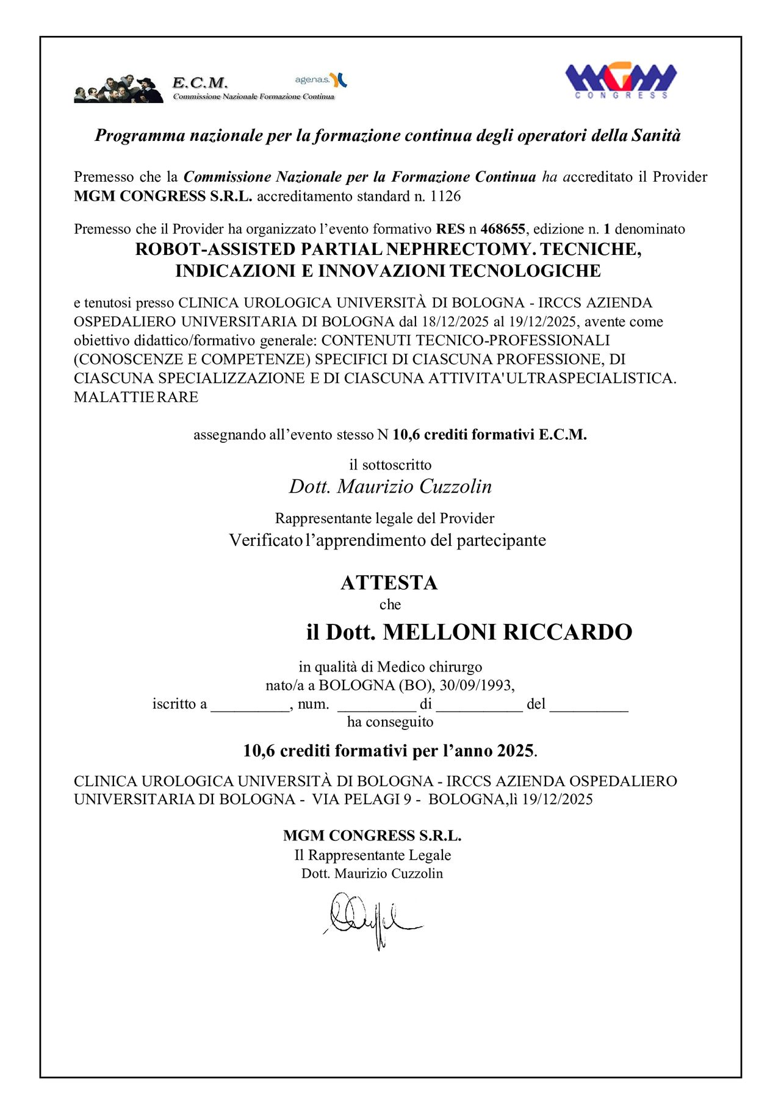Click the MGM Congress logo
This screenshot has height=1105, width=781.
pyautogui.click(x=621, y=80)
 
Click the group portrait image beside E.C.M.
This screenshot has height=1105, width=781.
pyautogui.click(x=118, y=89)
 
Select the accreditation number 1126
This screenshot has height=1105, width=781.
pyautogui.click(x=445, y=196)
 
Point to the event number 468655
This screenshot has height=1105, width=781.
pyautogui.click(x=503, y=229)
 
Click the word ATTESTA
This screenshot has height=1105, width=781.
pyautogui.click(x=389, y=583)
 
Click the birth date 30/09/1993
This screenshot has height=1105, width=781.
pyautogui.click(x=475, y=685)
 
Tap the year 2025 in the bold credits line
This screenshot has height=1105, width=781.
pyautogui.click(x=515, y=751)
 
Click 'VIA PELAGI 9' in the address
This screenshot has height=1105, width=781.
pyautogui.click(x=362, y=799)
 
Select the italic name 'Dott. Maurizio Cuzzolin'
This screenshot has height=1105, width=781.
pyautogui.click(x=390, y=487)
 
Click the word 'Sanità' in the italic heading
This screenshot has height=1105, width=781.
pyautogui.click(x=656, y=135)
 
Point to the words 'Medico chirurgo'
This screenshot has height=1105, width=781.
pyautogui.click(x=430, y=667)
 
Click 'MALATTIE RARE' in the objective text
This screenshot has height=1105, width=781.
pyautogui.click(x=136, y=398)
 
